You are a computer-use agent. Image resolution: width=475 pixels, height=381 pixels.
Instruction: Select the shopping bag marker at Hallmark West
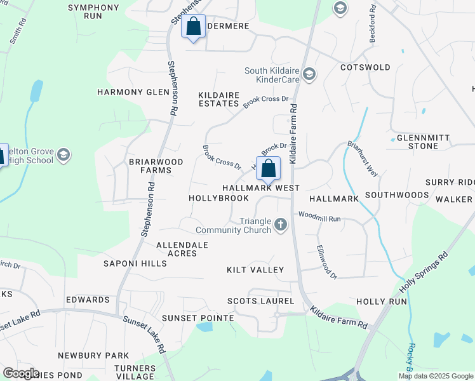[x=268, y=170]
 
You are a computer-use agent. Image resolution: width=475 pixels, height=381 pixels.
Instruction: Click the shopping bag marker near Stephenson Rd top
[x=193, y=27]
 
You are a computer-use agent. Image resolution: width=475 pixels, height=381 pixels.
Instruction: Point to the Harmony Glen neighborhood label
[x=133, y=92]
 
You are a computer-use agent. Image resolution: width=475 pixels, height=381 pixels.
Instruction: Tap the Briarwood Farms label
[x=156, y=166]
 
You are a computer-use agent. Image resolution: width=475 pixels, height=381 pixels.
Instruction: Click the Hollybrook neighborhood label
[x=219, y=198]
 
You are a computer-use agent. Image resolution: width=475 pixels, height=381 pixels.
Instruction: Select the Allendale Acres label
[x=182, y=248]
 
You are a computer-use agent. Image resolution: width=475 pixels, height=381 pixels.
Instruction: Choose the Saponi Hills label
[x=135, y=263]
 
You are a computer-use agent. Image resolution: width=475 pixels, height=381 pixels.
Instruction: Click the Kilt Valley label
[x=255, y=270]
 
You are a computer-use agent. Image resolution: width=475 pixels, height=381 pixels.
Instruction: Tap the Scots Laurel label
[x=261, y=301]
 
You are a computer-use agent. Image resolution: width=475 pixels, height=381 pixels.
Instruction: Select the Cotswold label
[x=365, y=67]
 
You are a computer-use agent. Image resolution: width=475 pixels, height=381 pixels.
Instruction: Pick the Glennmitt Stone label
[x=418, y=142]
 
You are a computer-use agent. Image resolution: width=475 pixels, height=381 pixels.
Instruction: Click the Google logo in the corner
[x=21, y=373]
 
